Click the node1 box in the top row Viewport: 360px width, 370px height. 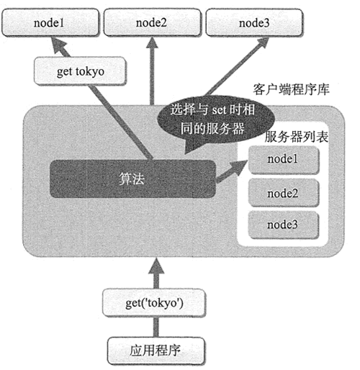tap(50, 22)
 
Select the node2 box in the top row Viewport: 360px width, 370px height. tap(152, 22)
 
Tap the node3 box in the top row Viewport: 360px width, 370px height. tap(254, 22)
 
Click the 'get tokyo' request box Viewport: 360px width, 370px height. tap(80, 71)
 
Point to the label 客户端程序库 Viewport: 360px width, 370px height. tap(291, 89)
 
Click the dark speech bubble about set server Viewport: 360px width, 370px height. tap(215, 120)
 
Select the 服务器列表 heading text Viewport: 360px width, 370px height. tap(296, 137)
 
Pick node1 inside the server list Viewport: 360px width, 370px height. tap(283, 159)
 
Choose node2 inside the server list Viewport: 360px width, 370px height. tap(283, 193)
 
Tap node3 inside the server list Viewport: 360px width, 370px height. tap(283, 225)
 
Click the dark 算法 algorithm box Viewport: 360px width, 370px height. tap(132, 179)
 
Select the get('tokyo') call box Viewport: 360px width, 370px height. tap(154, 303)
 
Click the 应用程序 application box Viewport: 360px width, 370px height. tap(156, 351)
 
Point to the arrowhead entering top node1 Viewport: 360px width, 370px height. tap(58, 45)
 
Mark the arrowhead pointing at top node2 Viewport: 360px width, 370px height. tap(152, 42)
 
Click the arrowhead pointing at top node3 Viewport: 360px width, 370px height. tap(262, 42)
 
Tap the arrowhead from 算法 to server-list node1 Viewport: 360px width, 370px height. tap(238, 167)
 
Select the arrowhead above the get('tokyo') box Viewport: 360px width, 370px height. tap(156, 266)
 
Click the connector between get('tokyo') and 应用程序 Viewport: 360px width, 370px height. tap(156, 327)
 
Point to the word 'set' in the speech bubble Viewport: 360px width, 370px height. tap(219, 110)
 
